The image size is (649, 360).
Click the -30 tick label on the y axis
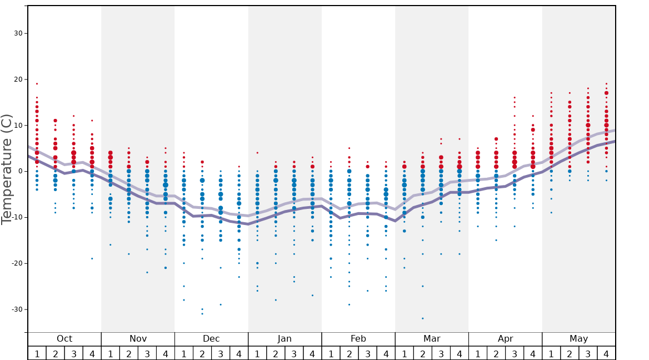(x=17, y=309)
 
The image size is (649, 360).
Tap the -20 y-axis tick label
(x=17, y=263)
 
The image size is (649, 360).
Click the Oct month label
(x=64, y=339)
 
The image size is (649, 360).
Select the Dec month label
(x=211, y=339)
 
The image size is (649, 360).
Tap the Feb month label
(x=358, y=339)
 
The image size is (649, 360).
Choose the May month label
(x=578, y=339)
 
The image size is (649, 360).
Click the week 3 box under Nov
(x=147, y=353)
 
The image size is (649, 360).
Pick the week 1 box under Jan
(x=257, y=353)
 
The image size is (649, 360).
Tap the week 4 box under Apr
(x=533, y=353)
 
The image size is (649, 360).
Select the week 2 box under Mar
(x=423, y=353)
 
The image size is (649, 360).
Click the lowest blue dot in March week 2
(x=423, y=318)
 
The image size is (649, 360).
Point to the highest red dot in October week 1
(x=37, y=84)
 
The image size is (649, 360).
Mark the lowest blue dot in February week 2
(x=349, y=304)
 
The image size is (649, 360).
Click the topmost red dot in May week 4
(x=606, y=84)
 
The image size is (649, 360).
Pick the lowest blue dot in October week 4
(x=92, y=258)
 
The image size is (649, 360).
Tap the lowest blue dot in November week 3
(x=147, y=272)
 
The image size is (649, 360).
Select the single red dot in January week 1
(x=257, y=153)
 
